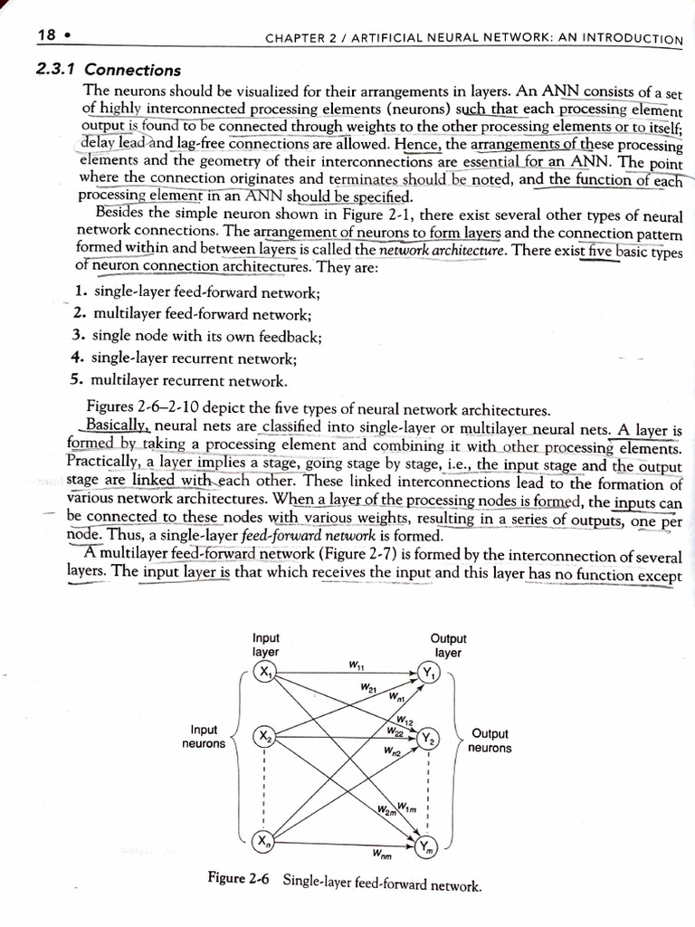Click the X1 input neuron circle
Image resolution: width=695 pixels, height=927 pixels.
(264, 673)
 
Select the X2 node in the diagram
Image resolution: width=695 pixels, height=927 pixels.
(264, 737)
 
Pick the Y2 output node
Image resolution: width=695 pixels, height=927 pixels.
(428, 739)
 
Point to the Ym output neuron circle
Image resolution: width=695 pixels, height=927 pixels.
(428, 847)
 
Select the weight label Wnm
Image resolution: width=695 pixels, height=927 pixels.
(381, 854)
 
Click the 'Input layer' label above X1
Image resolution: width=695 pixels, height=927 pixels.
(265, 644)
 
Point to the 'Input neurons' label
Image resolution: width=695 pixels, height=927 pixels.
(204, 736)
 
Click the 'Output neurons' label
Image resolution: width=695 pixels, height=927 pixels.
(490, 741)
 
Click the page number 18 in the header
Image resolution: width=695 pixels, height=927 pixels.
(46, 35)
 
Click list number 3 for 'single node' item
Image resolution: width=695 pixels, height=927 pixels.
(78, 335)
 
